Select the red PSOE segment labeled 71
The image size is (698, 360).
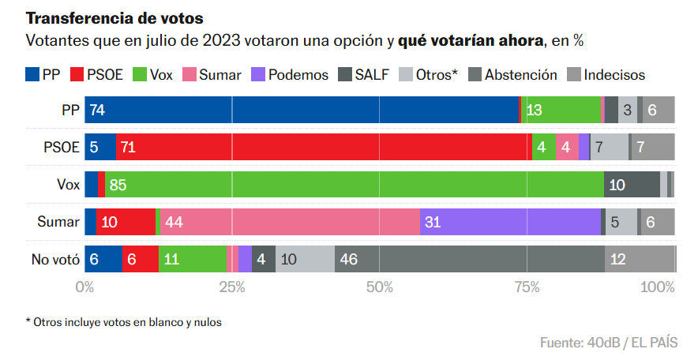click(324, 147)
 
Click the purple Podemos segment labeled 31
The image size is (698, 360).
click(510, 222)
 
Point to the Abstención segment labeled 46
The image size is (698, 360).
click(470, 259)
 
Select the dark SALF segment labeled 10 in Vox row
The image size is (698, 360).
click(632, 185)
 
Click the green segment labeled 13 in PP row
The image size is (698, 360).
click(561, 111)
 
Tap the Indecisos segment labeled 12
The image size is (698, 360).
click(640, 259)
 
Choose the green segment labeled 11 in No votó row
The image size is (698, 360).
click(193, 259)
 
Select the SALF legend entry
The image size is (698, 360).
click(364, 75)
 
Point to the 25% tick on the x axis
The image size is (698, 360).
click(232, 287)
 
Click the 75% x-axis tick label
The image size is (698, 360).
click(527, 287)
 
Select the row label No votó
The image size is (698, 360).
click(54, 259)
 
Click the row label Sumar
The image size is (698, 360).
click(58, 222)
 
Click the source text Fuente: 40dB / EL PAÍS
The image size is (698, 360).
click(608, 343)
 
